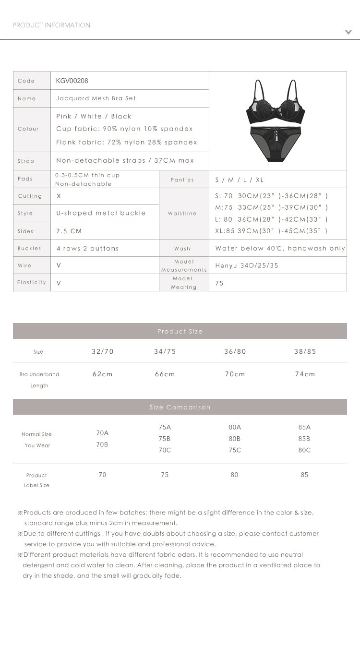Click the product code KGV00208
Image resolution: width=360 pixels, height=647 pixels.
[72, 81]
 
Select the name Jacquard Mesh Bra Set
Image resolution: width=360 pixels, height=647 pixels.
[96, 98]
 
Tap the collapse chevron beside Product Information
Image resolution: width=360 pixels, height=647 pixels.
[348, 32]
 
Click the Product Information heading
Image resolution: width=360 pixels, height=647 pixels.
[51, 25]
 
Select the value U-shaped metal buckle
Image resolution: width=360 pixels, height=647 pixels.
[101, 213]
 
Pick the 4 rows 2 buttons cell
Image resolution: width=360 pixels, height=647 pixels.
[87, 248]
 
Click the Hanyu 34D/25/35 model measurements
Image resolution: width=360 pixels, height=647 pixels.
[247, 265]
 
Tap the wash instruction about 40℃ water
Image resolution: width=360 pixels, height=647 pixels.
[280, 248]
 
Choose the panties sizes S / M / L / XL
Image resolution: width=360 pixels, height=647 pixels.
[240, 180]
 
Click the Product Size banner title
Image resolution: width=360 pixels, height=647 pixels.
[180, 331]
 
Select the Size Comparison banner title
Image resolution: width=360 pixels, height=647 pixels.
[180, 407]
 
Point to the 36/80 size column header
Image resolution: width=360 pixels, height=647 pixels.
[235, 351]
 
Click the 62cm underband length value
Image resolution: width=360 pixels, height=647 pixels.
[103, 374]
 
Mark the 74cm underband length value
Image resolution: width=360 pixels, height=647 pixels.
[305, 374]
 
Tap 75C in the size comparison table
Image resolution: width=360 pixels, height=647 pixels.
[235, 450]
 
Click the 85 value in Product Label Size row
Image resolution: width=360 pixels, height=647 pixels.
[304, 475]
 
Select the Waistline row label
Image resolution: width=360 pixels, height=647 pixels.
[182, 214]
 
